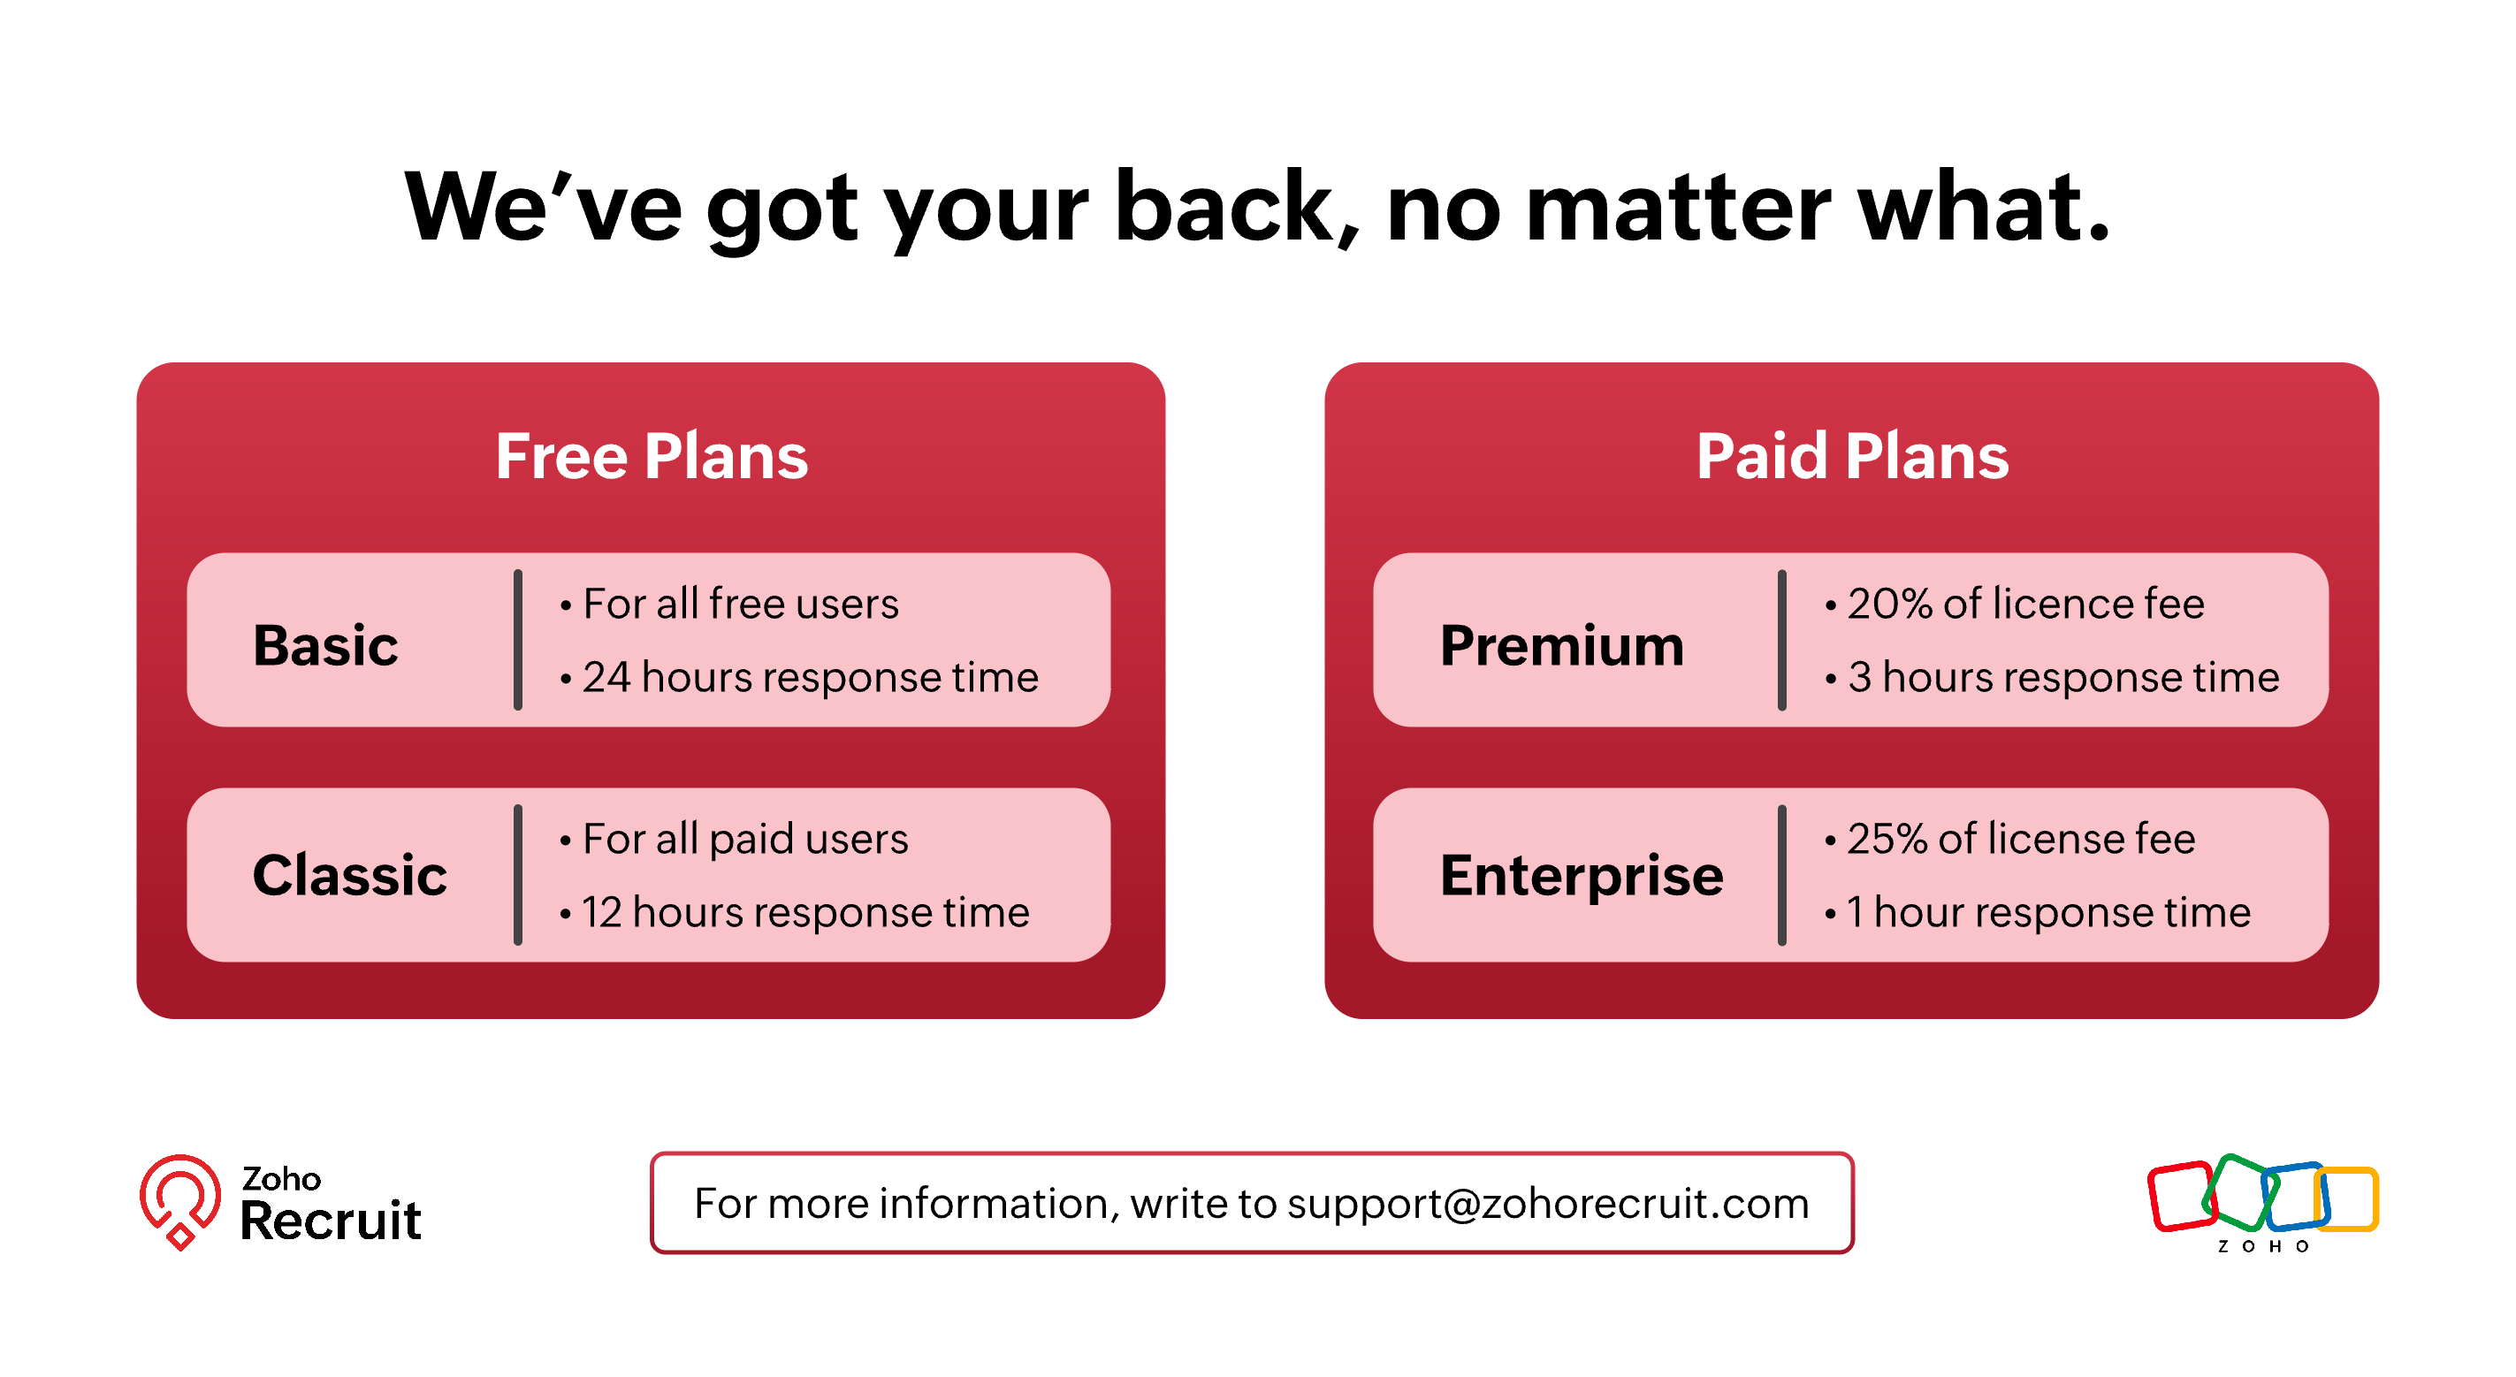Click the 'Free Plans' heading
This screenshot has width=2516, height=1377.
652,456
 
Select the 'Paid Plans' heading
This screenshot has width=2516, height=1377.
1852,456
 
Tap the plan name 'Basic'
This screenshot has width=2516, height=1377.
325,645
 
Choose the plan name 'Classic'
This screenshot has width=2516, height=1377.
350,874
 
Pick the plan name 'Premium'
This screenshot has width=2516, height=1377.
1562,645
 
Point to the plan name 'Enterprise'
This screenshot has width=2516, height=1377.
1582,876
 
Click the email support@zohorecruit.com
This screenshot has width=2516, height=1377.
1548,1204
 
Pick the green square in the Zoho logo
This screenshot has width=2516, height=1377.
2238,1191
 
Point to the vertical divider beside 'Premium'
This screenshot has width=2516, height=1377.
1781,640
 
